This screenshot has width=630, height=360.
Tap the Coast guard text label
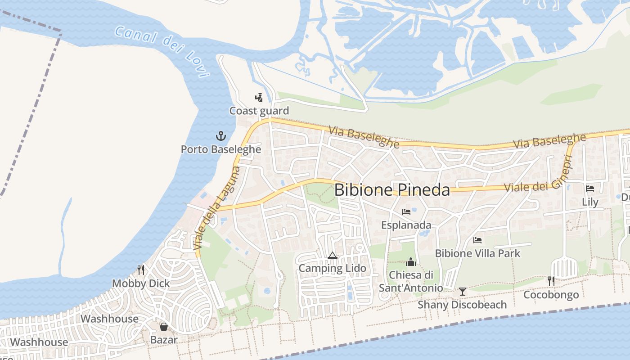[x=259, y=111]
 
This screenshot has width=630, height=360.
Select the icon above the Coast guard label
[x=259, y=97]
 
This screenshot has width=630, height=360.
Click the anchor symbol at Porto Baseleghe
[x=221, y=135]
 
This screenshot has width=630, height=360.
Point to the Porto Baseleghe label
[x=221, y=149]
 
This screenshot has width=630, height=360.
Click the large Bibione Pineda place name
[x=392, y=190]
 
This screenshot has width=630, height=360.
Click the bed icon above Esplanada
[x=406, y=211]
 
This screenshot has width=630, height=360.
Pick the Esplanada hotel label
[x=406, y=225]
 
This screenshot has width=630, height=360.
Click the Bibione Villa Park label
[x=477, y=253]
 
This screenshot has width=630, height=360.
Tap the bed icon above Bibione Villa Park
[x=477, y=240]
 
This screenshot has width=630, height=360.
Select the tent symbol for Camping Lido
[x=333, y=255]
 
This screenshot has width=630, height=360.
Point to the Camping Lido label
[x=333, y=269]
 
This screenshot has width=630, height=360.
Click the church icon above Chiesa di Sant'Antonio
[x=411, y=261]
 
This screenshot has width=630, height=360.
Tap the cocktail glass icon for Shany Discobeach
[x=462, y=292]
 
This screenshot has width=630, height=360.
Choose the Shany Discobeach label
[x=462, y=305]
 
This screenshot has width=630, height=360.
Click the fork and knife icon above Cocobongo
[x=551, y=281]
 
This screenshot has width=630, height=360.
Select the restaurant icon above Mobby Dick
[x=141, y=270]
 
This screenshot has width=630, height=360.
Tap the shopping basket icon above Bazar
[x=164, y=326]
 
